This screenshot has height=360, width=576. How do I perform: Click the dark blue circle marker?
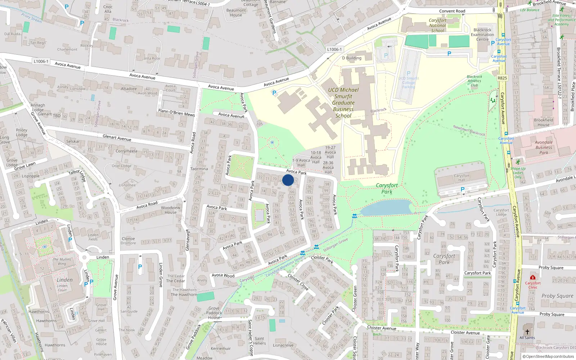[288, 180]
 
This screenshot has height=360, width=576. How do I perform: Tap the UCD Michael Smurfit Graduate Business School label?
[343, 103]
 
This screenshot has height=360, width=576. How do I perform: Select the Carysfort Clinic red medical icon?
[533, 277]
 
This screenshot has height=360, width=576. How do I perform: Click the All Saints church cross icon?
[527, 332]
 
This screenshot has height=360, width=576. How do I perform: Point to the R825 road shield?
[502, 78]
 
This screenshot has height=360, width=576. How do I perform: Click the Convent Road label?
[452, 11]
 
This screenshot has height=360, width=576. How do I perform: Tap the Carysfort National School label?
[438, 26]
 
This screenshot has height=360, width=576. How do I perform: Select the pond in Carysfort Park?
[387, 208]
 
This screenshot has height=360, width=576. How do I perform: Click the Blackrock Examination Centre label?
[482, 35]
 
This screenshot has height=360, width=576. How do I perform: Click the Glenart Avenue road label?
[117, 138]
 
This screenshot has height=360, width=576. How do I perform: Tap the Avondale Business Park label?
[544, 147]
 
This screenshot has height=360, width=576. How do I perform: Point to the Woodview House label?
[171, 210]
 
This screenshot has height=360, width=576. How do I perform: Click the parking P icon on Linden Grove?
[140, 267]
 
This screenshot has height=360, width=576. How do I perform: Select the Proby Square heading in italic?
[557, 296]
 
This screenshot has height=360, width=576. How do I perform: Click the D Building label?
[352, 58]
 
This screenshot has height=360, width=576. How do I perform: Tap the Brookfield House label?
[544, 122]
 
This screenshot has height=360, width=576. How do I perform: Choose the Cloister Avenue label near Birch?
[382, 328]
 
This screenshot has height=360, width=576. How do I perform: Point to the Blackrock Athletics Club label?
[474, 81]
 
